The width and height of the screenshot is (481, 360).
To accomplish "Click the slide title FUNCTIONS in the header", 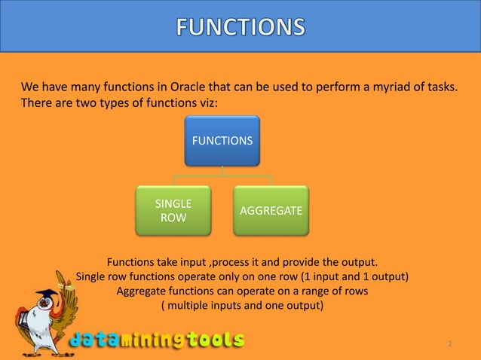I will (x=241, y=27).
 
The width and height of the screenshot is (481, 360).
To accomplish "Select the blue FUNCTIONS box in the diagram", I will (x=222, y=140).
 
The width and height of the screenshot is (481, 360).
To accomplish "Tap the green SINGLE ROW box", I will (x=173, y=211).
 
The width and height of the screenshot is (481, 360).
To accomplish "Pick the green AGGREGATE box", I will (x=271, y=211).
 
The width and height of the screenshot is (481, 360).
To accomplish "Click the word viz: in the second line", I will (x=203, y=102).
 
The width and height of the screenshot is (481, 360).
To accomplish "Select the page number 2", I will (x=449, y=344).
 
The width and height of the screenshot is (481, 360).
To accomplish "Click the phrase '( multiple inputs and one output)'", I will (x=242, y=306).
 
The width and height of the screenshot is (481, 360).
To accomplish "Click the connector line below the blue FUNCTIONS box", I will (x=222, y=172).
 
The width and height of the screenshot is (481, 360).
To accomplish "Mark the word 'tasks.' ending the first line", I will (x=440, y=86).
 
